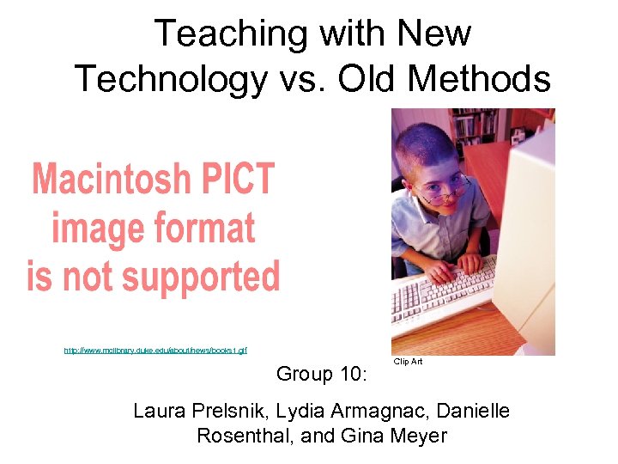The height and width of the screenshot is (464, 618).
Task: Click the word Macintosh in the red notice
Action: pyautogui.click(x=111, y=180)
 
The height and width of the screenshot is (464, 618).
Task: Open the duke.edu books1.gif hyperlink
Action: pyautogui.click(x=155, y=350)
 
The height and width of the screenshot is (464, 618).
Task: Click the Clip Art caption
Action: pyautogui.click(x=408, y=362)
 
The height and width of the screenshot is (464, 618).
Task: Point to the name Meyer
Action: pyautogui.click(x=419, y=436)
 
